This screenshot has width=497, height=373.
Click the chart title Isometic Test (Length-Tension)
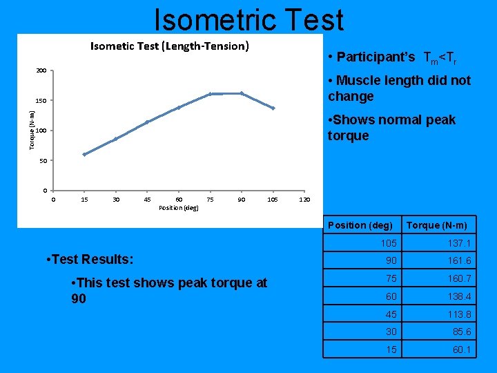[170, 46]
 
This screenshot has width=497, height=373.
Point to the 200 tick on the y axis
[41, 71]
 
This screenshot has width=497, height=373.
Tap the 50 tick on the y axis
[43, 161]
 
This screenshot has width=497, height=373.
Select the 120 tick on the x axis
[304, 200]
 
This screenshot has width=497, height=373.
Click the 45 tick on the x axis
[147, 200]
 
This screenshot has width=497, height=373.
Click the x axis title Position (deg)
[178, 207]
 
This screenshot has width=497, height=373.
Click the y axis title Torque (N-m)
[32, 130]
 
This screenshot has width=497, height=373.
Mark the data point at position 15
[84, 155]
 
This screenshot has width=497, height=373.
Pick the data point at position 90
[242, 93]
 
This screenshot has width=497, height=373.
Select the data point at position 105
[273, 108]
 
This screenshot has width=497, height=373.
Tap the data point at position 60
[179, 108]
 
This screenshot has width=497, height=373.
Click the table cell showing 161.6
[458, 260]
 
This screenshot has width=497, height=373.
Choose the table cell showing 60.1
[461, 350]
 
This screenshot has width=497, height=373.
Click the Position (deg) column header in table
[360, 225]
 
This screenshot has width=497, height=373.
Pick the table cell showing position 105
[388, 243]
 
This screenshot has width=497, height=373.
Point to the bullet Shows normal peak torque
[391, 128]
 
